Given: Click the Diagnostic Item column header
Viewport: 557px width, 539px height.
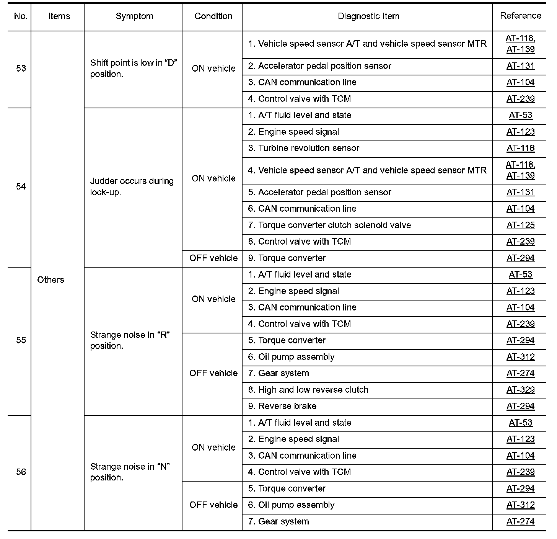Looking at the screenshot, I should [x=368, y=16].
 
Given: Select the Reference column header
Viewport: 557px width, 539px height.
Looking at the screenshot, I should [x=520, y=16].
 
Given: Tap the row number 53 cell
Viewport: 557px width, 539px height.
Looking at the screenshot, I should [x=21, y=69].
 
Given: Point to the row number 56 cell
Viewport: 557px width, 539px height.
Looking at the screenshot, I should [x=21, y=472].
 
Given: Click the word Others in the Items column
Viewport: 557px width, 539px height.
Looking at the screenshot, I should [x=50, y=280].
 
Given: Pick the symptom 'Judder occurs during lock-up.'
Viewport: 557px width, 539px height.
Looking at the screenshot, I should [x=132, y=186].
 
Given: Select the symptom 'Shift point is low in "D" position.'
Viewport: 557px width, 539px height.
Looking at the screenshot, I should [x=133, y=69].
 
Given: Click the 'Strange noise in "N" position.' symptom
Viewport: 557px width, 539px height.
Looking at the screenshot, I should [x=130, y=472].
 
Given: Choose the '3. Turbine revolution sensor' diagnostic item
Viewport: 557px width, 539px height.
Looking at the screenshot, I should [x=304, y=149].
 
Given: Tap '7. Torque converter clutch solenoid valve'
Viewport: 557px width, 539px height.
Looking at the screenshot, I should [x=329, y=225].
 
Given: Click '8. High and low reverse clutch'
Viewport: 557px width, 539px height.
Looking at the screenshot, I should [x=308, y=390].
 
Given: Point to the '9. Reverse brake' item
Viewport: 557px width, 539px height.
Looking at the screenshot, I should [x=282, y=406].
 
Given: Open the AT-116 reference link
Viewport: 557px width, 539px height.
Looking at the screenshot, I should [x=520, y=149].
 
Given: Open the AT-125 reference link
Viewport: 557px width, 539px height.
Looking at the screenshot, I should [x=520, y=225].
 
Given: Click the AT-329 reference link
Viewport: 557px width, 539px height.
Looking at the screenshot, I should [x=520, y=390].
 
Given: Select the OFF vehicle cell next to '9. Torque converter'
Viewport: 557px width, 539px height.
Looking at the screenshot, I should [x=213, y=258].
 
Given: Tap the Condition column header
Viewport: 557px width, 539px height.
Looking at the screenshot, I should [x=213, y=16].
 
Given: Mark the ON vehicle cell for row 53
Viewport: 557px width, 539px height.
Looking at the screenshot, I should [x=213, y=69].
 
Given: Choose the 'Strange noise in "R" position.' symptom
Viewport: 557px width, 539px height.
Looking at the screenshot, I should [x=130, y=340].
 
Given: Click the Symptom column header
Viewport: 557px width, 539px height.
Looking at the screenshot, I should [x=134, y=16].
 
